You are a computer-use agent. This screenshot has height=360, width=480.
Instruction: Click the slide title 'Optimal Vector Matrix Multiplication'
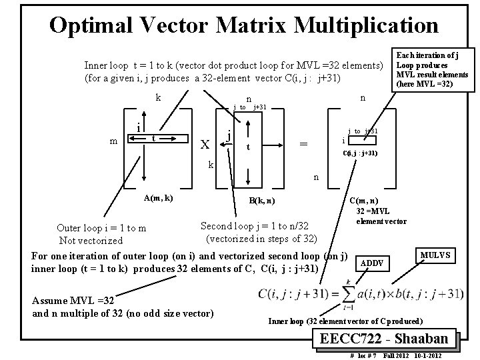point(243,25)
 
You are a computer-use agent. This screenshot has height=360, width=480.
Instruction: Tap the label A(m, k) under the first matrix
point(159,198)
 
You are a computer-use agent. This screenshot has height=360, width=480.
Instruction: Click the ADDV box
point(372,263)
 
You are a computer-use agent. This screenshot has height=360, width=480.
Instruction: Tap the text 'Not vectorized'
point(91,241)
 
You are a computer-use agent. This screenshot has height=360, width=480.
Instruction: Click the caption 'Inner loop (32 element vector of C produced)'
point(353,320)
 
